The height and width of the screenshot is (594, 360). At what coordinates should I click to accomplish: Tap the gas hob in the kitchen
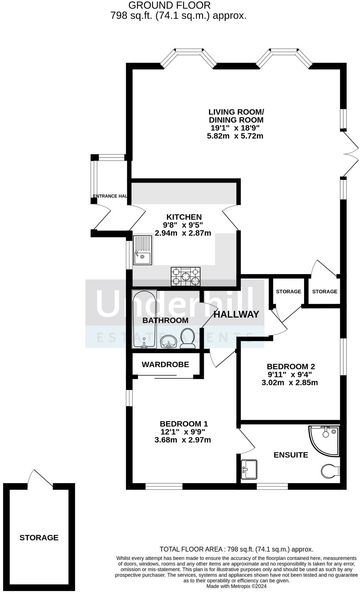[185, 276]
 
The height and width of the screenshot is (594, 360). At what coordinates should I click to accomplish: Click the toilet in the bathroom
[187, 338]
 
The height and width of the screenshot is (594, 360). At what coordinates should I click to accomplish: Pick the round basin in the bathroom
[168, 341]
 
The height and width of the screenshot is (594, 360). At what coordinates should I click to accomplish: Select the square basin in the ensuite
[249, 470]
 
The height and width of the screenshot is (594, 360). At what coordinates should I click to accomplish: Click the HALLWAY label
[236, 314]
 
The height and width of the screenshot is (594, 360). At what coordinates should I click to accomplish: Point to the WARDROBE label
[165, 364]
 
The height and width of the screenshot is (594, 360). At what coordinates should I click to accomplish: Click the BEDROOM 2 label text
[291, 366]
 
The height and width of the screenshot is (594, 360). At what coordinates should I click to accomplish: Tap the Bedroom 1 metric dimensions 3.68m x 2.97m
[183, 440]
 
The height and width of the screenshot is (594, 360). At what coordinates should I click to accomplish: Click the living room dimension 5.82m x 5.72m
[235, 136]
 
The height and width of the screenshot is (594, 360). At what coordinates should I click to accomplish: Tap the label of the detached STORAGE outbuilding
[39, 538]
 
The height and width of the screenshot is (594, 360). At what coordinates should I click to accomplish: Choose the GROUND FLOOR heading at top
[169, 5]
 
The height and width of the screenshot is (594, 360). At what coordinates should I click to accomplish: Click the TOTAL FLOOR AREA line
[236, 549]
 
